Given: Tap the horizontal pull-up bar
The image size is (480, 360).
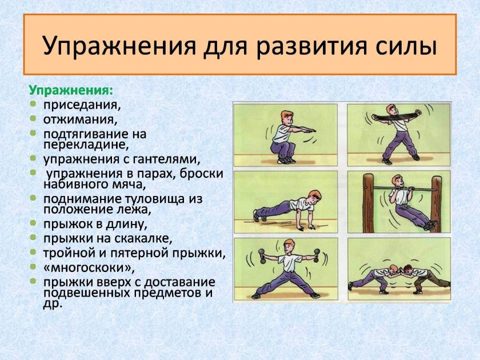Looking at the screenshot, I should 400,189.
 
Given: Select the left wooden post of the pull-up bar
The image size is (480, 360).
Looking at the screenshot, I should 369,203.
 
